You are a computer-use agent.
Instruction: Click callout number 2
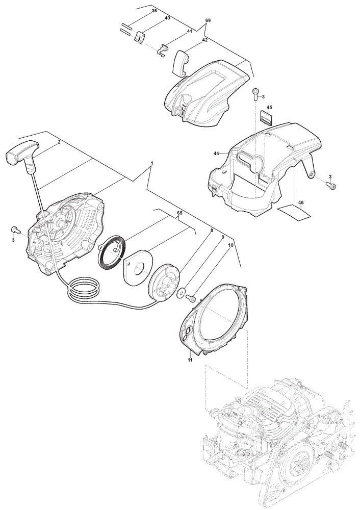tap(59, 142)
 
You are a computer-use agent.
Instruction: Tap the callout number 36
tap(155, 11)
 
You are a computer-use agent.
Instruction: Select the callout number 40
tap(167, 18)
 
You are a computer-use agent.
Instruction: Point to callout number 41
tap(189, 31)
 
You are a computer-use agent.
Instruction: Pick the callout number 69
tap(208, 20)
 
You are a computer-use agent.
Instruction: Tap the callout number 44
tap(217, 152)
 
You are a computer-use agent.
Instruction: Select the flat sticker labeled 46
tap(294, 212)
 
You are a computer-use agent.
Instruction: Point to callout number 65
tap(179, 213)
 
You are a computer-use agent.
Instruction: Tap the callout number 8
tap(212, 231)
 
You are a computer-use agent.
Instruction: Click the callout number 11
tap(190, 360)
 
